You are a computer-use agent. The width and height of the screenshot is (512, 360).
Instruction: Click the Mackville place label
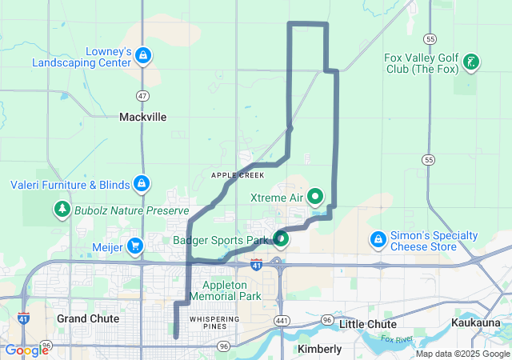142,117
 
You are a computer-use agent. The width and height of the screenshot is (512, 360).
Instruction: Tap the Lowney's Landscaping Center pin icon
142,55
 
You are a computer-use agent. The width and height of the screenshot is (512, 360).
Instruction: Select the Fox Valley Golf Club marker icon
471,62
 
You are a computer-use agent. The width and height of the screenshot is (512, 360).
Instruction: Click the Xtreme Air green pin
316,195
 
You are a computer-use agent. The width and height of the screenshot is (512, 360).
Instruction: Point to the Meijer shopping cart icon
135,246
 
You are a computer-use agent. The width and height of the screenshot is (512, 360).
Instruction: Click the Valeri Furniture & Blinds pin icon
142,184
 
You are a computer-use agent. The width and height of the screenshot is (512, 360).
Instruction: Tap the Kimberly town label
319,349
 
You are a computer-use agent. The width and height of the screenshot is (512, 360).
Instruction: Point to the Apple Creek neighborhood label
237,174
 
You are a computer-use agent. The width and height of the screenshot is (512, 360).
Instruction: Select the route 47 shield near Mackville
142,95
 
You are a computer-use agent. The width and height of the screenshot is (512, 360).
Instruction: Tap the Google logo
26,350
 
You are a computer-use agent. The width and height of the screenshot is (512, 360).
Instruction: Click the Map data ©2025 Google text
461,354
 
